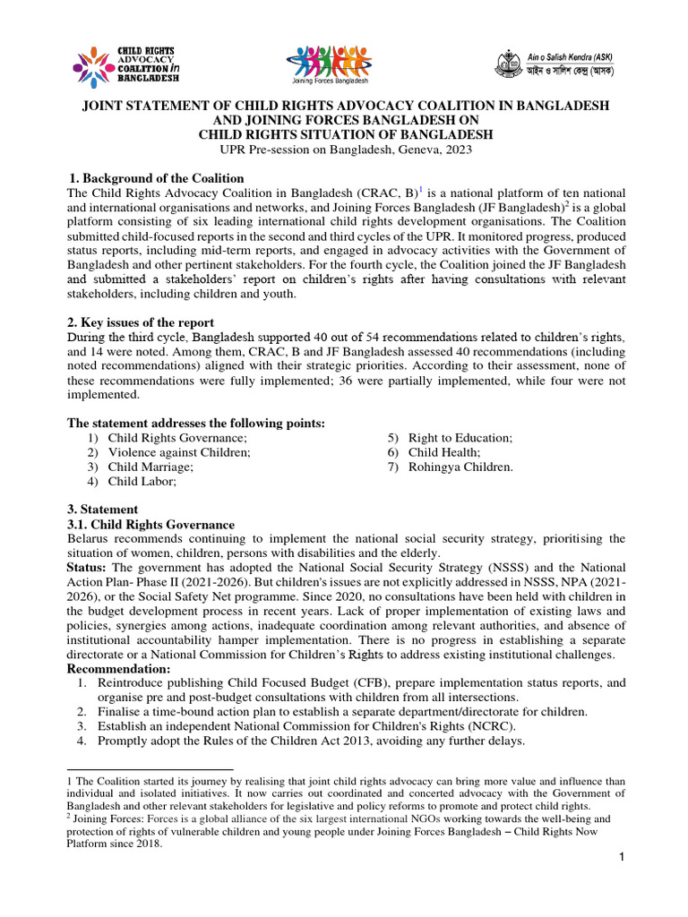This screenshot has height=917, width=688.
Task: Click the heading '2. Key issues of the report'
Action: coord(141,322)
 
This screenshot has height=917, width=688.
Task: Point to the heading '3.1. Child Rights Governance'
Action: coord(151,525)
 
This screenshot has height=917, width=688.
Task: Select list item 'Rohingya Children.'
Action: coord(460,467)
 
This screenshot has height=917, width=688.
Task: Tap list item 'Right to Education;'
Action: coord(460,438)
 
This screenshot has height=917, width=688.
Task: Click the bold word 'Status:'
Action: coord(88,568)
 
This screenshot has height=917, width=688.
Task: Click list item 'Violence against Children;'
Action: coord(179,452)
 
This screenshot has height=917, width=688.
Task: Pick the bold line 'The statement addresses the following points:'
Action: coord(196,423)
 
